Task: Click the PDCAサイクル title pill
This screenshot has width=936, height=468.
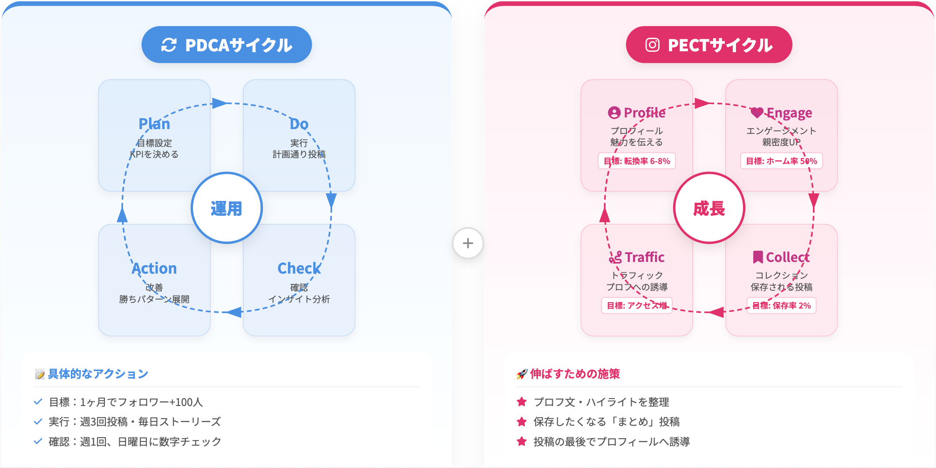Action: [x=227, y=45]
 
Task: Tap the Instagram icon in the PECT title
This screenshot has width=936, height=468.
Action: [x=652, y=45]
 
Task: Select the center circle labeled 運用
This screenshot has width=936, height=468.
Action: [x=227, y=208]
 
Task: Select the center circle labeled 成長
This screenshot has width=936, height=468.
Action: [x=709, y=208]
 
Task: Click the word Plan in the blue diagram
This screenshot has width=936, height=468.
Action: [x=154, y=124]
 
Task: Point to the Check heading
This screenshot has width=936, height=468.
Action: [x=299, y=268]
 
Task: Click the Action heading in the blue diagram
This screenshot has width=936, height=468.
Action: [x=154, y=268]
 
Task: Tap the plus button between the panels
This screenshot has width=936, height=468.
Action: [x=468, y=243]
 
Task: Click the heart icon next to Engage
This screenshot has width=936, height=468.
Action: [x=757, y=112]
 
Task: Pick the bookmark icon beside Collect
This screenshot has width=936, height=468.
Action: [x=758, y=257]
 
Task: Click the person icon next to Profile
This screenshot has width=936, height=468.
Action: [x=614, y=113]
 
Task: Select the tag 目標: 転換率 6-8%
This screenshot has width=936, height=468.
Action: [x=637, y=161]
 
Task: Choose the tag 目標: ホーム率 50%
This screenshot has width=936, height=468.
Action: [x=781, y=161]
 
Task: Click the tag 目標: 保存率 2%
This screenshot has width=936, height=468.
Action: [x=781, y=306]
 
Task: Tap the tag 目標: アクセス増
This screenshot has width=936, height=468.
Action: [x=637, y=306]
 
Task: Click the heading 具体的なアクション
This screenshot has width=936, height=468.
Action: [x=98, y=374]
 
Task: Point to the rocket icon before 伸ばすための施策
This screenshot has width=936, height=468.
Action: [x=522, y=374]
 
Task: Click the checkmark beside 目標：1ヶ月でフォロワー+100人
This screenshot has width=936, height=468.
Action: [x=38, y=401]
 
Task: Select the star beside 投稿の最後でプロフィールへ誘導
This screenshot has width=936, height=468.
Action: [x=522, y=441]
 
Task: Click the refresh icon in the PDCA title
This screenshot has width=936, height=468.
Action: [x=169, y=45]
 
